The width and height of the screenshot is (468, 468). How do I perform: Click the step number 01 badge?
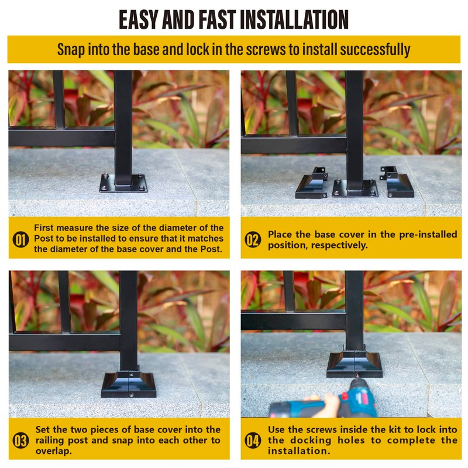[20, 240]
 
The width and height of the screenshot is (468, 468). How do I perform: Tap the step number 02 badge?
[253, 240]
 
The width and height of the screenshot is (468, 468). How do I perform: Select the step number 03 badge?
[20, 441]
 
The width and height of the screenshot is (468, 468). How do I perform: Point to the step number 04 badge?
[253, 441]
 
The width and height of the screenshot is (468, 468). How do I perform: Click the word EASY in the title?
[143, 19]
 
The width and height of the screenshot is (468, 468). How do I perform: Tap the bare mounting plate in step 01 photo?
[123, 183]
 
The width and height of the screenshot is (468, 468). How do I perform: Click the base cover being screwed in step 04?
[353, 363]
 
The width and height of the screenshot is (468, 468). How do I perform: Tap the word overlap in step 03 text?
[53, 451]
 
